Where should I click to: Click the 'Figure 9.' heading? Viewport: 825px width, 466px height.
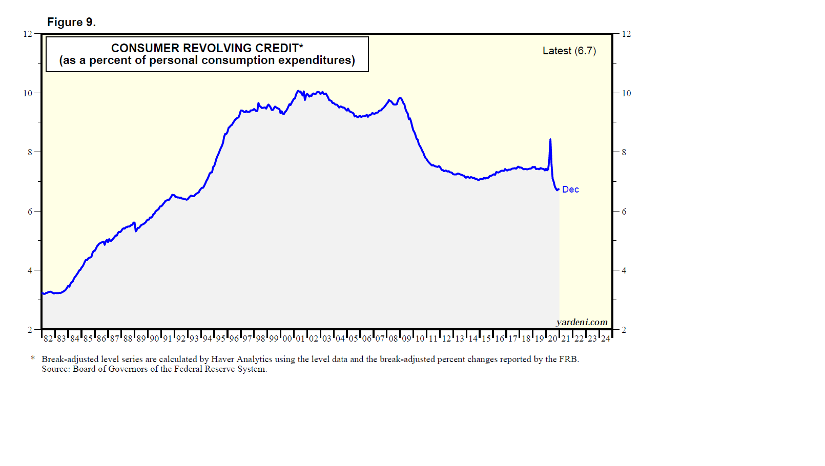point(71,22)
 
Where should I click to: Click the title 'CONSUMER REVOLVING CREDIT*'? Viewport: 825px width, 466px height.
point(207,48)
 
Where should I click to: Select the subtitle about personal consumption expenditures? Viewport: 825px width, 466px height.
point(207,60)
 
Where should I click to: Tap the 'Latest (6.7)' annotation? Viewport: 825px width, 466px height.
point(569,51)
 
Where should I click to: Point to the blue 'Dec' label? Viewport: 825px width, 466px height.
point(570,189)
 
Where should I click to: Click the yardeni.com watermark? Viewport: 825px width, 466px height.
point(582,322)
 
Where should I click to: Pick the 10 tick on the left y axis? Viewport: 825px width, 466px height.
point(28,93)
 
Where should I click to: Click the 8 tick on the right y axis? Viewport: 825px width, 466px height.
point(624,152)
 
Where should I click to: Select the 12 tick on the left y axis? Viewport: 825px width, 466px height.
point(28,34)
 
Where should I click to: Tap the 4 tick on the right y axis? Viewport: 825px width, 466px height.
point(624,270)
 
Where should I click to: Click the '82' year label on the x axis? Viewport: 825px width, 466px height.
point(48,338)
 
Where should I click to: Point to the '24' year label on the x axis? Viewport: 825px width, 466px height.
point(606,338)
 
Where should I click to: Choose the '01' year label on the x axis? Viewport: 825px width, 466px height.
point(300,338)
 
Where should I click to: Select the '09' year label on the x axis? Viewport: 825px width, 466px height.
point(406,338)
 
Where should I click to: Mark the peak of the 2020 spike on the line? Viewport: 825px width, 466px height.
point(550,139)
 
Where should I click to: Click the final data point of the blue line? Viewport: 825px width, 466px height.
point(558,189)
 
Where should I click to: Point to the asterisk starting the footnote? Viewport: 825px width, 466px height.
point(33,358)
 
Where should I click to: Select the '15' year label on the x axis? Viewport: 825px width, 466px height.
point(486,338)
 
